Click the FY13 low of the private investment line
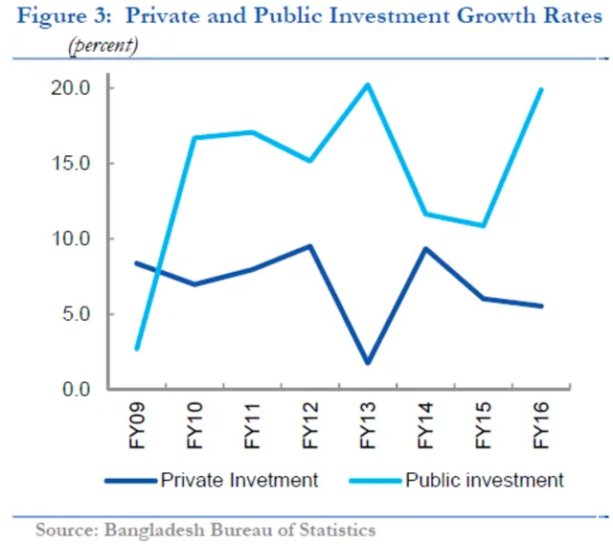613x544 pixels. click(x=368, y=363)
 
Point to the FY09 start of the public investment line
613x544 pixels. click(x=138, y=349)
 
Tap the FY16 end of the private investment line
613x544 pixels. click(x=541, y=306)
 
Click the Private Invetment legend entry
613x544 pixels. click(x=239, y=480)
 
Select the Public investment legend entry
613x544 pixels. click(x=484, y=480)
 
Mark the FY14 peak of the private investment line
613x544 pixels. click(x=425, y=249)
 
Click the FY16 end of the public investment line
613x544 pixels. click(x=541, y=90)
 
